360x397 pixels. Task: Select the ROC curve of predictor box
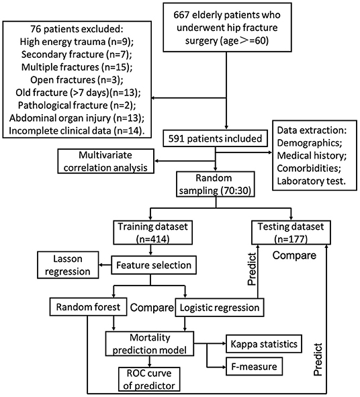(146, 380)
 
